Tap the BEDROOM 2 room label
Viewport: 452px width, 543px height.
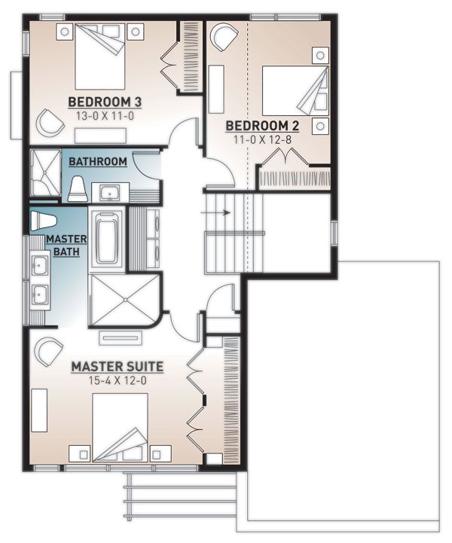click(x=258, y=125)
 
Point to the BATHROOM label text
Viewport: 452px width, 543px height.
click(x=98, y=161)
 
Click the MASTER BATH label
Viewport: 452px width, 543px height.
click(x=67, y=245)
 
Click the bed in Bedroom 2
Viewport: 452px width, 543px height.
click(x=294, y=90)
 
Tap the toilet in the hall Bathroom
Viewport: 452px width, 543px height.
click(x=78, y=189)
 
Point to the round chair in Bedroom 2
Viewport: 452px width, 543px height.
click(x=223, y=36)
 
